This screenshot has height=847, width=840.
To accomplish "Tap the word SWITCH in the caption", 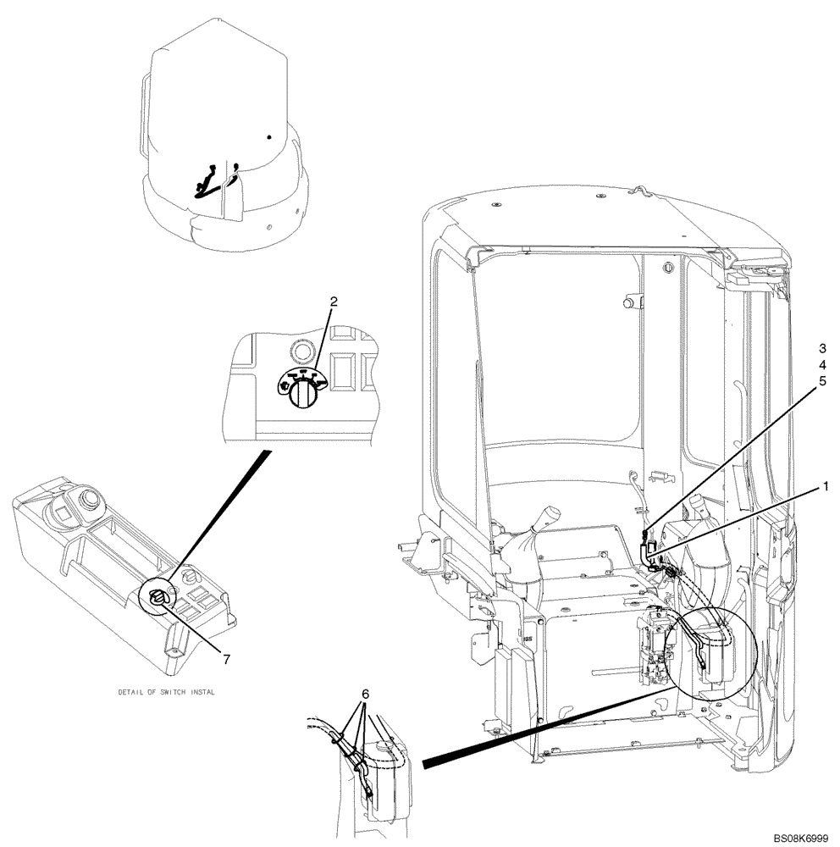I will coord(178,692).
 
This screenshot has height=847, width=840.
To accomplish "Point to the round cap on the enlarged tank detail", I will coord(387,747).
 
